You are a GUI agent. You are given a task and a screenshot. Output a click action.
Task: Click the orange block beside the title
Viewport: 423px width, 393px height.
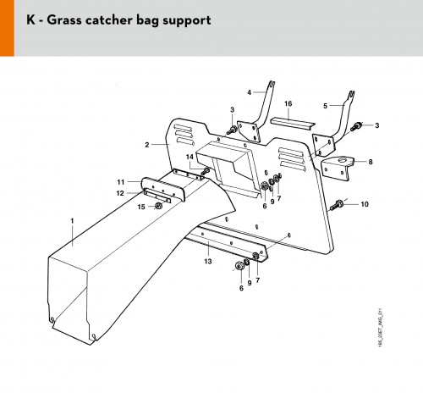click(x=7, y=28)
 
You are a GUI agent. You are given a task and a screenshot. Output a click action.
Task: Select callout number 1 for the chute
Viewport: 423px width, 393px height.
click(x=72, y=221)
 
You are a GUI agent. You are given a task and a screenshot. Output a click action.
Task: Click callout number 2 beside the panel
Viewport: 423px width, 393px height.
click(x=147, y=145)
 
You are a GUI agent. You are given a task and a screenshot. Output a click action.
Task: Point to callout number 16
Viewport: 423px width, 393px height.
click(x=288, y=103)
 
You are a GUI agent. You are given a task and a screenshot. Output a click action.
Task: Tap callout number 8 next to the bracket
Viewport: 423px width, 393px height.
click(x=371, y=162)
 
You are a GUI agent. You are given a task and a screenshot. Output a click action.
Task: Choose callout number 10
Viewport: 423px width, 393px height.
click(x=365, y=204)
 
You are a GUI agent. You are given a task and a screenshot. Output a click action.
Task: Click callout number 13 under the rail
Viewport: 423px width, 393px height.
click(x=208, y=262)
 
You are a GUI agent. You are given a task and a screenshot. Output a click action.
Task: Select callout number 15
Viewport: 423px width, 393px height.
click(x=141, y=207)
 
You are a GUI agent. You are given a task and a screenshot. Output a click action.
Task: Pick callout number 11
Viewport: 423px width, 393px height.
click(x=121, y=182)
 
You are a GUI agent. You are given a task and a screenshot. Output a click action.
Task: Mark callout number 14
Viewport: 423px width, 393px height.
click(x=190, y=157)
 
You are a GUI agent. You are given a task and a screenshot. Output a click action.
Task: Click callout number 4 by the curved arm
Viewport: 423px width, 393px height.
click(x=250, y=92)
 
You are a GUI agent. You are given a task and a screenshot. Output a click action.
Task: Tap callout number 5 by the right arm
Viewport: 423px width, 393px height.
click(x=325, y=106)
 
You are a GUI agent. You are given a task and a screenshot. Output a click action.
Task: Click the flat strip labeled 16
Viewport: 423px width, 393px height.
click(x=293, y=124)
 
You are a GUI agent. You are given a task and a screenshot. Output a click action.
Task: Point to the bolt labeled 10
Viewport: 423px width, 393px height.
click(x=336, y=205)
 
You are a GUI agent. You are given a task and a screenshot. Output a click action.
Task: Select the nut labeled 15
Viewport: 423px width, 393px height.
click(x=158, y=206)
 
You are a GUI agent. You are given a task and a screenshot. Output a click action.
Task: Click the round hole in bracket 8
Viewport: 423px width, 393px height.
click(x=343, y=160)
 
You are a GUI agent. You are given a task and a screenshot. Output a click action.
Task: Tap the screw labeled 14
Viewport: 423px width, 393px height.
click(x=206, y=171)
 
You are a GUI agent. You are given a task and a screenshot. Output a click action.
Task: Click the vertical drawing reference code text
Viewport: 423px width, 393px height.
click(x=381, y=328)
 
